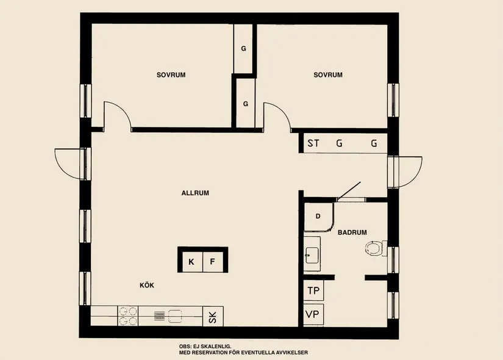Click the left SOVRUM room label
pyautogui.click(x=171, y=75)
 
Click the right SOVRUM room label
pyautogui.click(x=328, y=75)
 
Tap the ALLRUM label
pyautogui.click(x=195, y=193)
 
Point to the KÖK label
pyautogui.click(x=146, y=285)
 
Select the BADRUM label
pyautogui.click(x=352, y=232)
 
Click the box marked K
pyautogui.click(x=191, y=262)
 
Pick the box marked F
pyautogui.click(x=213, y=262)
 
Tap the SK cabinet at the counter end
pyautogui.click(x=213, y=317)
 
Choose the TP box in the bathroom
pyautogui.click(x=313, y=290)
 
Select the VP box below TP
pyautogui.click(x=313, y=315)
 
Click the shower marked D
pyautogui.click(x=318, y=217)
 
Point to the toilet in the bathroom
pyautogui.click(x=374, y=248)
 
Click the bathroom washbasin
pyautogui.click(x=313, y=254)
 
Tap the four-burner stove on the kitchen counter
pyautogui.click(x=127, y=315)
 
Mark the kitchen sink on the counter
pyautogui.click(x=175, y=316)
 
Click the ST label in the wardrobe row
pyautogui.click(x=313, y=144)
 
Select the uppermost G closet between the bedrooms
pyautogui.click(x=243, y=48)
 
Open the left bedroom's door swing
pyautogui.click(x=116, y=116)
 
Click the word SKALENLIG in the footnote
pyautogui.click(x=216, y=346)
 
